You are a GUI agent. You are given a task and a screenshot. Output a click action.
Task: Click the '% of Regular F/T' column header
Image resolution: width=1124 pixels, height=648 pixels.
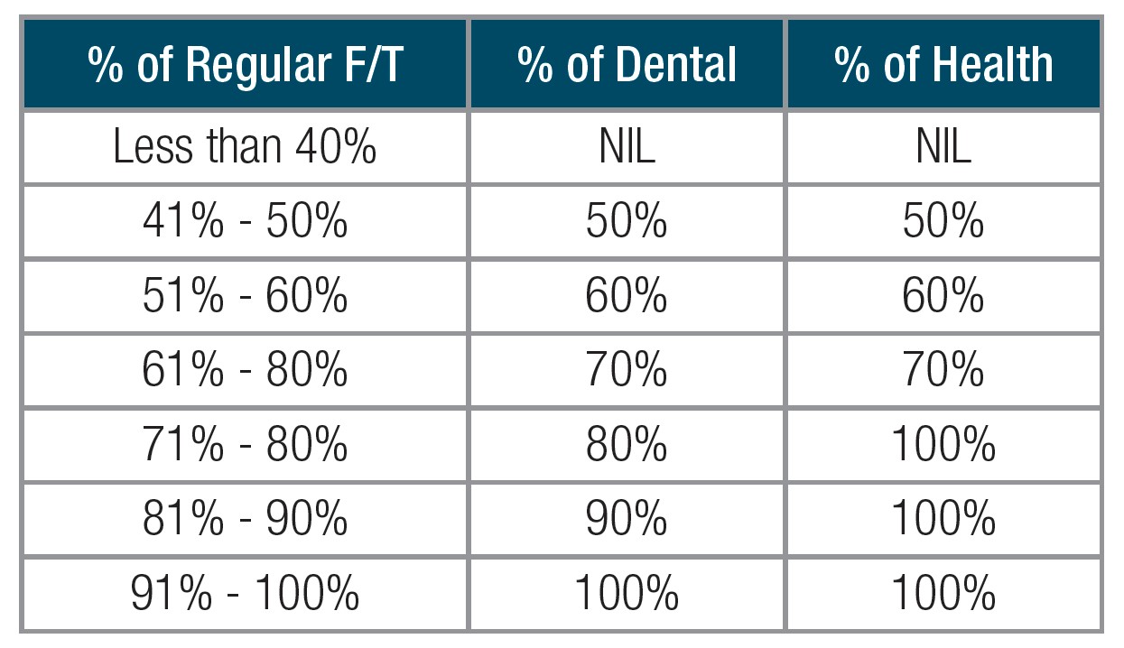click(245, 66)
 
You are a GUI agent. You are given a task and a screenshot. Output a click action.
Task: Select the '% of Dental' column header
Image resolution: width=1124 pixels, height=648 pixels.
click(627, 66)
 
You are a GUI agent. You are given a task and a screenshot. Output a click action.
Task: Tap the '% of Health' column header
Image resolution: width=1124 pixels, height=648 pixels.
click(943, 66)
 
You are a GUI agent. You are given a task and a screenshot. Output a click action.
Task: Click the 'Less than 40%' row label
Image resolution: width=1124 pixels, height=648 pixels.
click(245, 148)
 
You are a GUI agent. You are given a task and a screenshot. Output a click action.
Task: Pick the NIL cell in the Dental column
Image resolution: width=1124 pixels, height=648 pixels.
click(627, 148)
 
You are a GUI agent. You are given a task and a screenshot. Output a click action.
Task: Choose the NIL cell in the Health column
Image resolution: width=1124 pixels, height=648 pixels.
click(943, 148)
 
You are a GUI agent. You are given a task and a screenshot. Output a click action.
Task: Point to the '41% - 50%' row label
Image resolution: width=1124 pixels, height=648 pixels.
click(245, 222)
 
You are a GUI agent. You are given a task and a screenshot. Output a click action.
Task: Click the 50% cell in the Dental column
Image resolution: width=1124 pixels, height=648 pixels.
click(627, 222)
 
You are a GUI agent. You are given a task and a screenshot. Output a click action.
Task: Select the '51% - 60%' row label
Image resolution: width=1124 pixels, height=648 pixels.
click(245, 296)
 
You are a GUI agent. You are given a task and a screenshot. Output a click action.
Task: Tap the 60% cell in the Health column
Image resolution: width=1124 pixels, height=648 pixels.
click(943, 296)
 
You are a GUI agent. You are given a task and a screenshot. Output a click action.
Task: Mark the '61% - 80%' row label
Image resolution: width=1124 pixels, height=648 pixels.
click(245, 370)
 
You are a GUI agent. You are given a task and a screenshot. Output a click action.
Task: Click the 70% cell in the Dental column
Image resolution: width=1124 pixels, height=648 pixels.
click(627, 370)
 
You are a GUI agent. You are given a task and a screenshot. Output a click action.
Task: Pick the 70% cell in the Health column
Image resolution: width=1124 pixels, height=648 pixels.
click(943, 370)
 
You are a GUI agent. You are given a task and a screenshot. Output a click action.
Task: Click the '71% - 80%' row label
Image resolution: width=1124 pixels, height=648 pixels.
click(245, 444)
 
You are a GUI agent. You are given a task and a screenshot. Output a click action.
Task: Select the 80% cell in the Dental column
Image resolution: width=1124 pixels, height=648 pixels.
click(627, 444)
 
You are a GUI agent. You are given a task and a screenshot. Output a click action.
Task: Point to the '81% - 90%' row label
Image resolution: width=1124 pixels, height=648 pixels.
click(245, 519)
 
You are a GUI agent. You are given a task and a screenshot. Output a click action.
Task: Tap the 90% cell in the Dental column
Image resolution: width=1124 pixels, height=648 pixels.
click(627, 519)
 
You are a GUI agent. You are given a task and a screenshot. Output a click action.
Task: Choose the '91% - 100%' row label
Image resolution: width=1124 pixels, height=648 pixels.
click(245, 594)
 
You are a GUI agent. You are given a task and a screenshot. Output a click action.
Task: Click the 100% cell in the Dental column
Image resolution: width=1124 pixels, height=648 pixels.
click(627, 594)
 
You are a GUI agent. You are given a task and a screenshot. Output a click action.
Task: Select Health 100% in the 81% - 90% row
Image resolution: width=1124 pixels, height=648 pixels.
click(943, 519)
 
